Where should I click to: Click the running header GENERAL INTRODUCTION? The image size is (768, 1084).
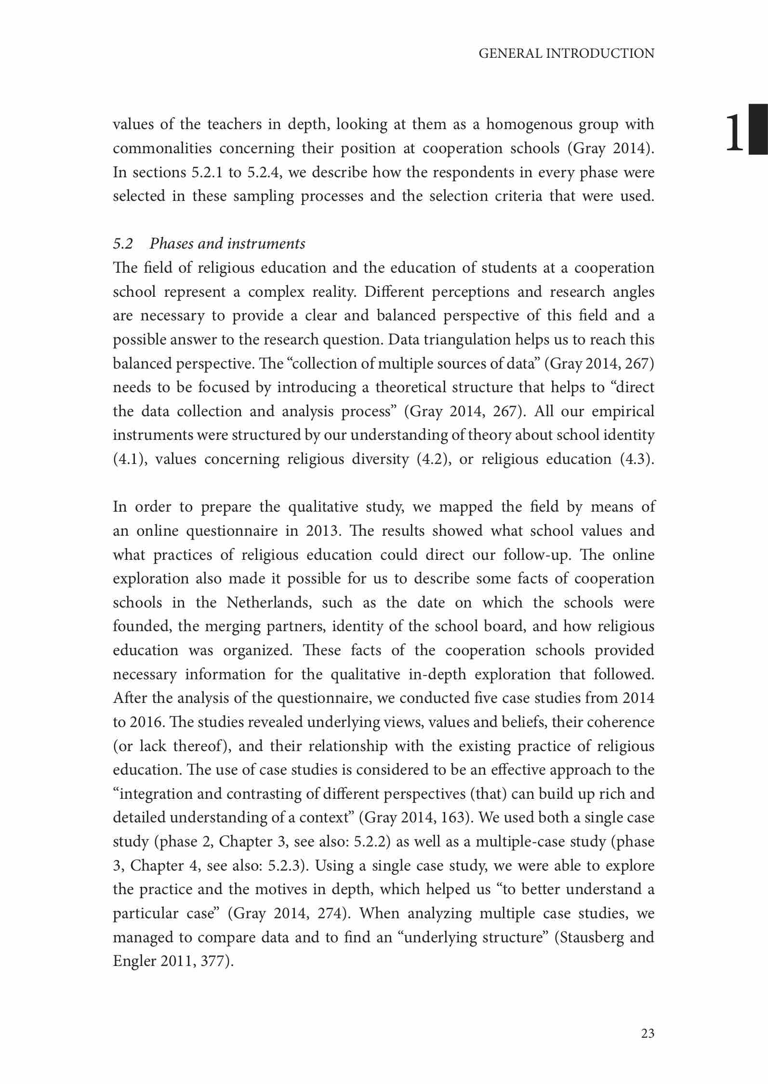566,53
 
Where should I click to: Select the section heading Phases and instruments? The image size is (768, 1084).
227,244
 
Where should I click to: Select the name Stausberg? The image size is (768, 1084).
597,938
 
